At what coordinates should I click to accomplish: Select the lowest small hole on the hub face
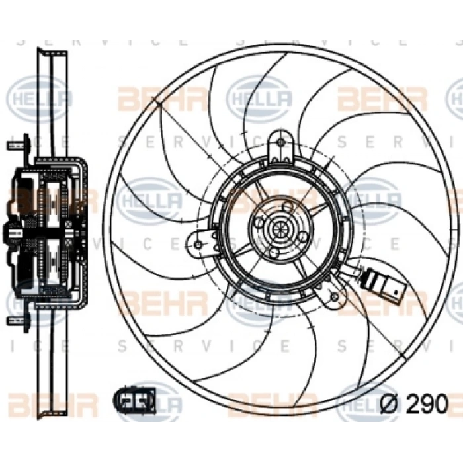(273, 253)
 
